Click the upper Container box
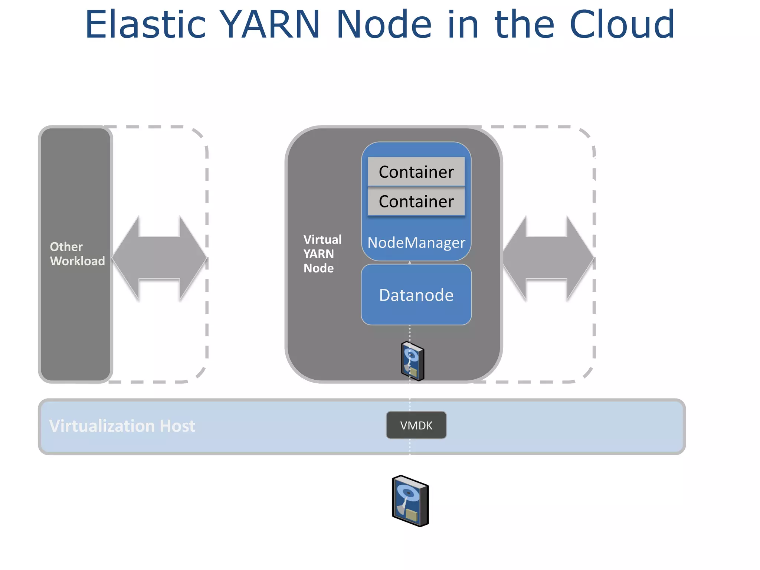pyautogui.click(x=416, y=172)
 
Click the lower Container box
pyautogui.click(x=416, y=202)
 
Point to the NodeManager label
pyautogui.click(x=416, y=243)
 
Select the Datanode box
pyautogui.click(x=416, y=295)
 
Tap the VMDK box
pyautogui.click(x=416, y=425)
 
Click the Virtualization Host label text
pyautogui.click(x=122, y=426)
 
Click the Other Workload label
pyautogui.click(x=77, y=254)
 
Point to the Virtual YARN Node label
pyautogui.click(x=322, y=254)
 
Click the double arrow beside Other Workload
pyautogui.click(x=159, y=258)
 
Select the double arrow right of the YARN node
pyautogui.click(x=548, y=258)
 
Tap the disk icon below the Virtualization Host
pyautogui.click(x=410, y=501)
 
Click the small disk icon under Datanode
pyautogui.click(x=412, y=361)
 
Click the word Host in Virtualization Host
pyautogui.click(x=177, y=426)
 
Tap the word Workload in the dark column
pyautogui.click(x=77, y=261)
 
